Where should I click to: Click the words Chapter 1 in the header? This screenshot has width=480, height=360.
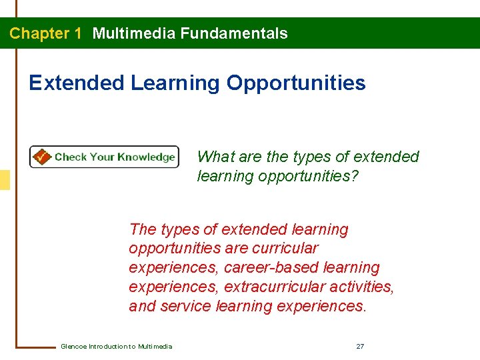click(x=45, y=33)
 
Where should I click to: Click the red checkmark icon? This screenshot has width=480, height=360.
click(x=41, y=157)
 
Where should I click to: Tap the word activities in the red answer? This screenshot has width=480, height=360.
click(x=365, y=287)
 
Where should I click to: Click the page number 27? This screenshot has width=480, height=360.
click(x=360, y=346)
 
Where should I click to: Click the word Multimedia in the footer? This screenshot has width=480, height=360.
click(x=155, y=346)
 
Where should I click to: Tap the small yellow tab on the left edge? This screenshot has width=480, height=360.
click(x=5, y=180)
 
